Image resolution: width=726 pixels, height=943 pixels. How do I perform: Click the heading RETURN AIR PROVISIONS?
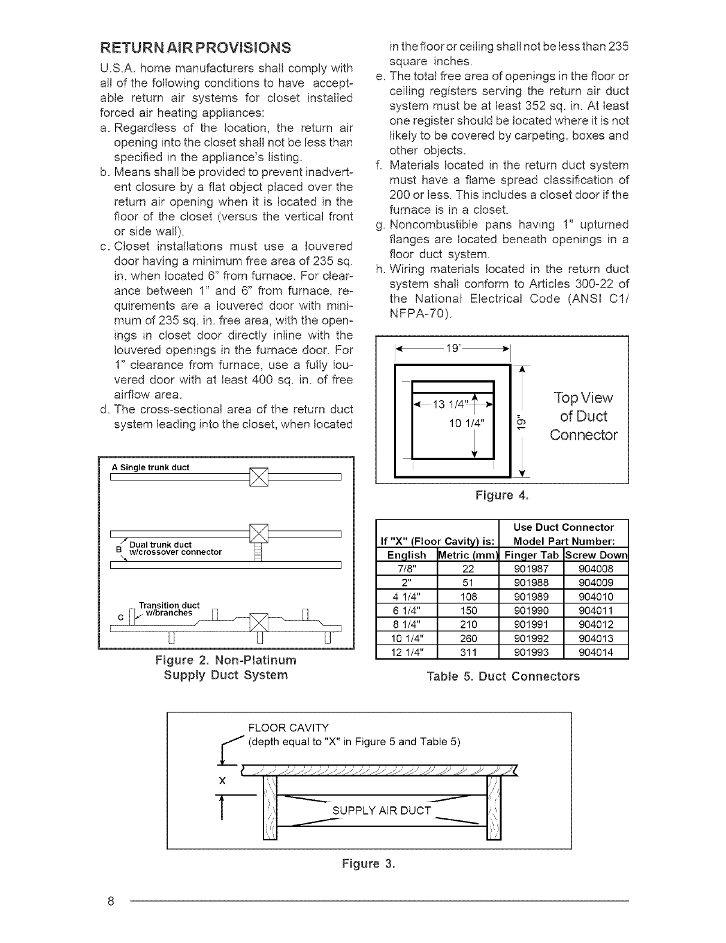[195, 47]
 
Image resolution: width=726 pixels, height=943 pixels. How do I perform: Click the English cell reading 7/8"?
[407, 569]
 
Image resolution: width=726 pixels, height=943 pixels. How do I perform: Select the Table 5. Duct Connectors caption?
[503, 677]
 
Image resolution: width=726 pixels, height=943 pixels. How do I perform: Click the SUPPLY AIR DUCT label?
[382, 811]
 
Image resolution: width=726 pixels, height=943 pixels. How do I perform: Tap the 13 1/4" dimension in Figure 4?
[453, 403]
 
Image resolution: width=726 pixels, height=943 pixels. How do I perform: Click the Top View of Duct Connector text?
[583, 416]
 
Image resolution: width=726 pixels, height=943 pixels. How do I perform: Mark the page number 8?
[111, 901]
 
